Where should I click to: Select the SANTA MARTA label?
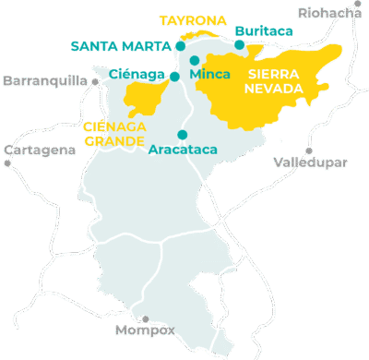120,46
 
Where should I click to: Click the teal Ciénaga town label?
137,74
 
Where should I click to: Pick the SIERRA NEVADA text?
272,81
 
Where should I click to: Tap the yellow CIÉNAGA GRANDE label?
113,134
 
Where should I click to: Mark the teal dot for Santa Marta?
181,45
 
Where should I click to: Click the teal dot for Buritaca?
239,44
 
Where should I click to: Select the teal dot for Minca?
194,62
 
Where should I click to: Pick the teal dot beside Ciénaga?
174,76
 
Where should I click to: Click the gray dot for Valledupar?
309,150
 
